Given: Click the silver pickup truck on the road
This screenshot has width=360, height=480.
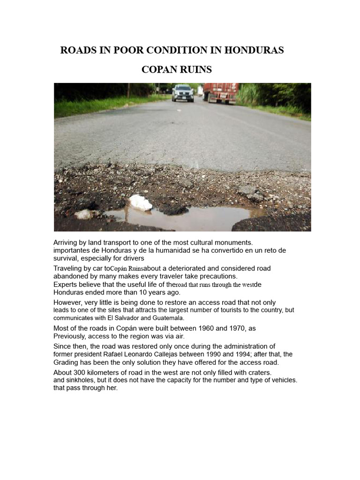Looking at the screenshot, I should click(182, 93).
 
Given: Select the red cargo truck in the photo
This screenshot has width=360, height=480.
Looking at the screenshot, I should click(221, 92).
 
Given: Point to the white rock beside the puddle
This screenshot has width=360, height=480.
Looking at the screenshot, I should click(141, 203).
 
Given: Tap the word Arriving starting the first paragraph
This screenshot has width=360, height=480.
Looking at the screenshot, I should click(67, 243).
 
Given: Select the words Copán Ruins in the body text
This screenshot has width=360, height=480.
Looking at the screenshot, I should click(126, 269).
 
